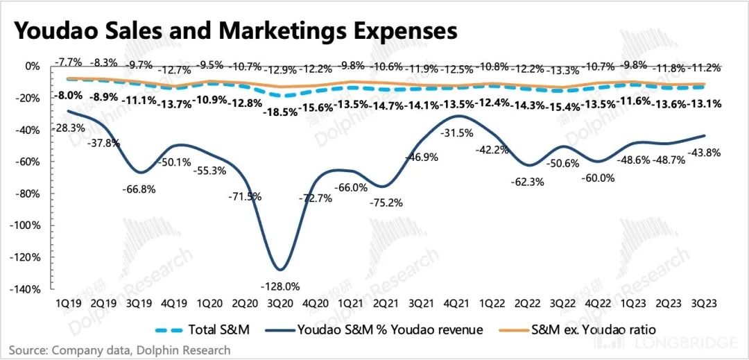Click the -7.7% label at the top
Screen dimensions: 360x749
pos(68,62)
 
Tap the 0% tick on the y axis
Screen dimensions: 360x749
pos(33,67)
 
